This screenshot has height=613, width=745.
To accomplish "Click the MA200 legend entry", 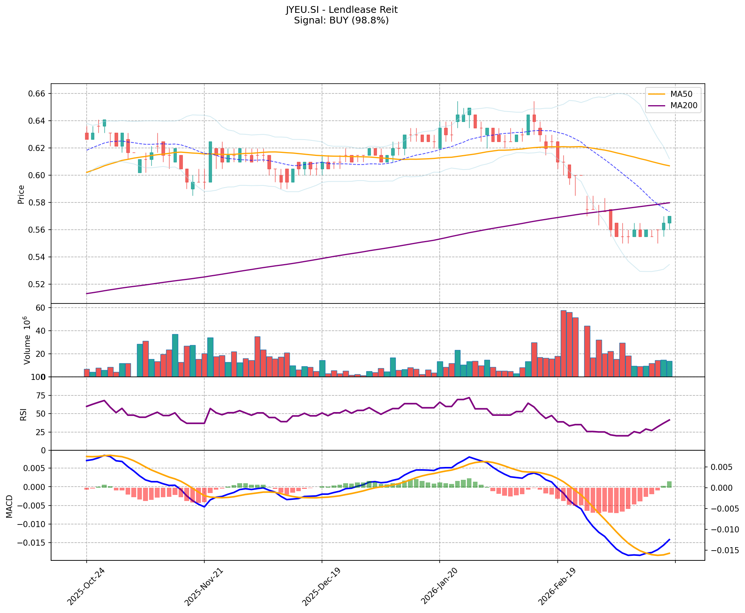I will (x=684, y=106).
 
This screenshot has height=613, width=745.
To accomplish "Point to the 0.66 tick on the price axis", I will (x=37, y=93).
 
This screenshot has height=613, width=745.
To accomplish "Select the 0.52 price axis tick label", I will (x=37, y=284).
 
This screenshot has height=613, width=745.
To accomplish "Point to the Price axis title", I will (x=21, y=194).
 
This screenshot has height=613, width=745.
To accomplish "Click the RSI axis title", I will (x=23, y=414).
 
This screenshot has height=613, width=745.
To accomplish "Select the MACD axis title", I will (x=9, y=506).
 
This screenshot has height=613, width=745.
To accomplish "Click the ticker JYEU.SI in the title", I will (x=300, y=10).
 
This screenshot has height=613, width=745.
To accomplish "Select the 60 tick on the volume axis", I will (x=40, y=308).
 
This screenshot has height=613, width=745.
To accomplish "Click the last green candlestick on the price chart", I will (x=669, y=219).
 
